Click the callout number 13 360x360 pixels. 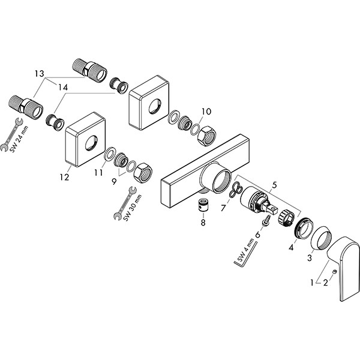[39, 74]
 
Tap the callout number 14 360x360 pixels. [63, 88]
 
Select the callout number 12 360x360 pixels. [64, 177]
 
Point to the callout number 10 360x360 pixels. [206, 112]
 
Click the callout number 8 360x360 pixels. [203, 223]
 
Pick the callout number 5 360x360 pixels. [275, 185]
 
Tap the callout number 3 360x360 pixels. [310, 258]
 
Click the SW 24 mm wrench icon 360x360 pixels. [11, 134]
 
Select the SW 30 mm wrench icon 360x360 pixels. [125, 203]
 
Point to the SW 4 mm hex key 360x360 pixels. [245, 256]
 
